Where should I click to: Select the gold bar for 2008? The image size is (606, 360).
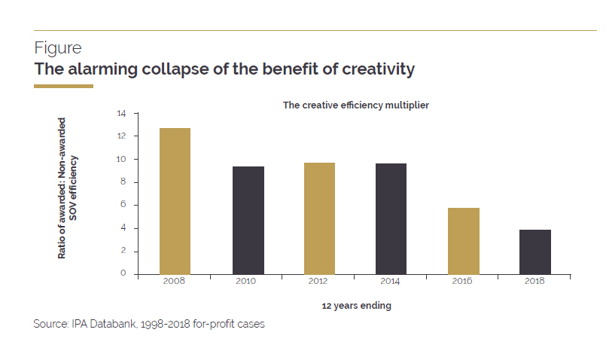pyautogui.click(x=175, y=201)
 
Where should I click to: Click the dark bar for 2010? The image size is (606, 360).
pyautogui.click(x=248, y=220)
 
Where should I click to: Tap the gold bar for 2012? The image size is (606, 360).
pyautogui.click(x=319, y=218)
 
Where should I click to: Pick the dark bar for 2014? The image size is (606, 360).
pyautogui.click(x=391, y=218)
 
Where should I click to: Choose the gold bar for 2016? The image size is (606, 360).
pyautogui.click(x=464, y=241)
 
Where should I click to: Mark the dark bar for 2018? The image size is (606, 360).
pyautogui.click(x=536, y=252)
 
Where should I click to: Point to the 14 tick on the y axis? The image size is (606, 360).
pyautogui.click(x=122, y=114)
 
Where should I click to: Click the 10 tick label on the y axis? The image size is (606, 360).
pyautogui.click(x=122, y=160)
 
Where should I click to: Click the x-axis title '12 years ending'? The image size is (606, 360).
pyautogui.click(x=356, y=306)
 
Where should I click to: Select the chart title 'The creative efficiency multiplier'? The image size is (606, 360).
pyautogui.click(x=355, y=105)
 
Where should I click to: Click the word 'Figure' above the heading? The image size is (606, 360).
pyautogui.click(x=58, y=48)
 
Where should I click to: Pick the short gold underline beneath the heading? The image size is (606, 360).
pyautogui.click(x=63, y=87)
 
